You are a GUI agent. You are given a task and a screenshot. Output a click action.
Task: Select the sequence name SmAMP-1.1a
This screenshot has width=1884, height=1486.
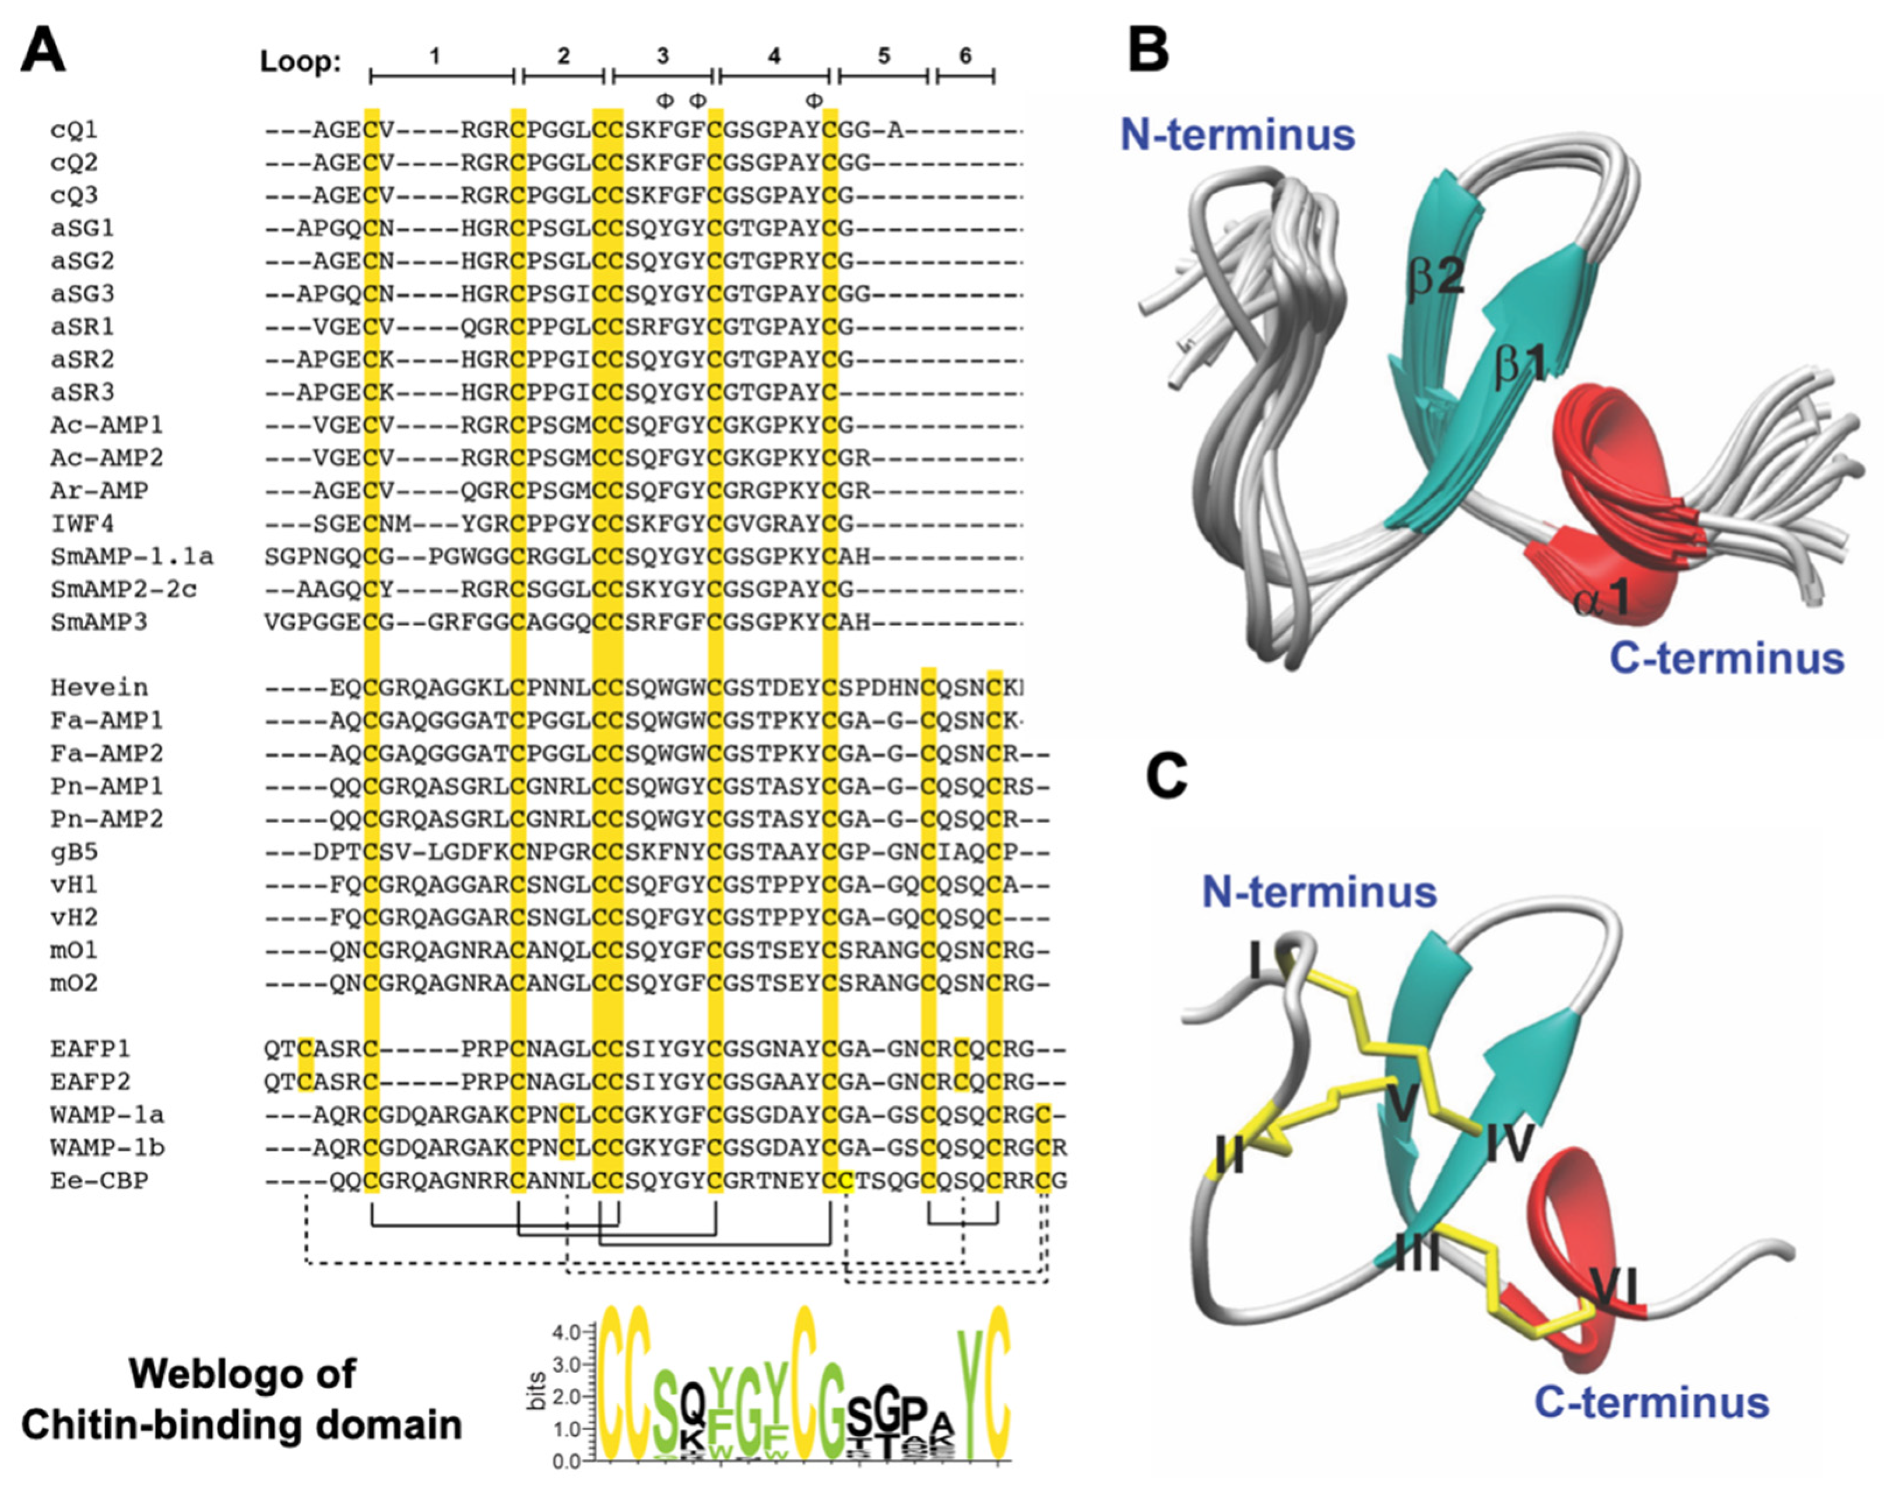(131, 556)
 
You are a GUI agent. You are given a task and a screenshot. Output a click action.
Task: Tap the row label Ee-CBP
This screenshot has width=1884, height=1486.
(99, 1181)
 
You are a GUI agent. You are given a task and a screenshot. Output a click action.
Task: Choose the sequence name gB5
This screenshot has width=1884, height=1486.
(74, 852)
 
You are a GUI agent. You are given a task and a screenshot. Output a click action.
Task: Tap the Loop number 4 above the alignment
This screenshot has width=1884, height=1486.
(774, 57)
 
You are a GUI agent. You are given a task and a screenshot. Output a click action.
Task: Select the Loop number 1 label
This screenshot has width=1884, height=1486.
(435, 57)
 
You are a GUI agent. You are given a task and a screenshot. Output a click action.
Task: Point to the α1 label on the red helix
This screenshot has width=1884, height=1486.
(1601, 599)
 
